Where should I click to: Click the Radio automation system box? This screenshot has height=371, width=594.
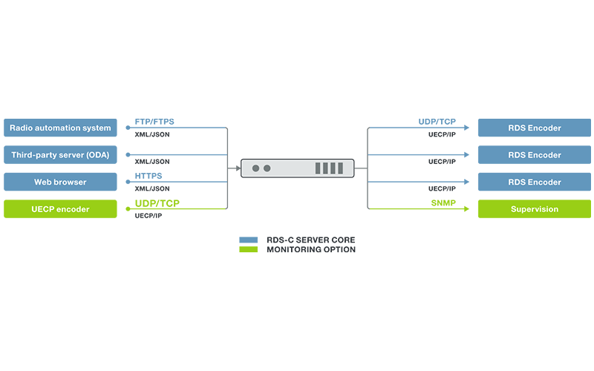[x=60, y=128]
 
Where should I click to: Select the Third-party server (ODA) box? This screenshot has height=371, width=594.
[x=60, y=155]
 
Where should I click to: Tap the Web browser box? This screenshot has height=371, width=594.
[x=60, y=182]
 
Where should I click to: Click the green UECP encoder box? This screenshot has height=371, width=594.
[x=60, y=209]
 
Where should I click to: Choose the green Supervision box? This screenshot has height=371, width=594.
[x=534, y=209]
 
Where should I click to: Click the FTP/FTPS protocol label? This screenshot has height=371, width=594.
[x=154, y=122]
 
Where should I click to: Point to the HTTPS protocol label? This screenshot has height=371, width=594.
[x=148, y=176]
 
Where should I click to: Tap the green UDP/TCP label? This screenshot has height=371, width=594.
[x=157, y=203]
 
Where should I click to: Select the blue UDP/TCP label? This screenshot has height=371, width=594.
[x=437, y=122]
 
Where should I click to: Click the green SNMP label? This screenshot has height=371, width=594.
[x=443, y=203]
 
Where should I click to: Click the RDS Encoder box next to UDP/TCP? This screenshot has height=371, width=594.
[x=534, y=128]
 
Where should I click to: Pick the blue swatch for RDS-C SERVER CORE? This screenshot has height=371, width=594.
[x=249, y=240]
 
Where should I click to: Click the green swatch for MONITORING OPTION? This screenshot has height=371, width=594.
[x=249, y=249]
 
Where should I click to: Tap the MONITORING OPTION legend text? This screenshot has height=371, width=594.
[x=311, y=249]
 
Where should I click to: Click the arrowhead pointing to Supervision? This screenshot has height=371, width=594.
[x=467, y=209]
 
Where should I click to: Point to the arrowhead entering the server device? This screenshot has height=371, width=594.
[x=238, y=168]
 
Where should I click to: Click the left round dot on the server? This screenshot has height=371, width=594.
[x=255, y=168]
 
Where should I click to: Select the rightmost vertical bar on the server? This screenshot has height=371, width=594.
[x=341, y=168]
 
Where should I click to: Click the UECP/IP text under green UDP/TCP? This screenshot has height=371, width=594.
[x=148, y=216]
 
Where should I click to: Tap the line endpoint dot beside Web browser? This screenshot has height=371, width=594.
[x=128, y=182]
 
